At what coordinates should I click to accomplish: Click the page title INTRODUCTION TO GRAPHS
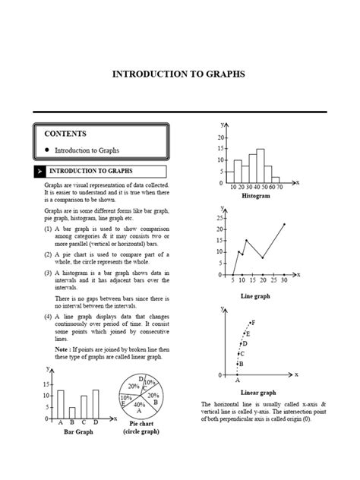tap(178, 74)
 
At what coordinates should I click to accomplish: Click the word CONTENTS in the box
tap(66, 134)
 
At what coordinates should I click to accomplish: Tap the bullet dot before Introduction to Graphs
tap(47, 150)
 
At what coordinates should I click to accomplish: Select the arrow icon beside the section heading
tap(38, 172)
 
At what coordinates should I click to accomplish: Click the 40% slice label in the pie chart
tap(139, 406)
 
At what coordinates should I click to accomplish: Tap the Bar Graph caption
tap(78, 432)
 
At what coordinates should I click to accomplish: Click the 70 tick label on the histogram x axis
tap(279, 185)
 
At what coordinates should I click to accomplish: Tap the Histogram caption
tap(256, 195)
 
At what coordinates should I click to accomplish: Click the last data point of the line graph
tap(284, 224)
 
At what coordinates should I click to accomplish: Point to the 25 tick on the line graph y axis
tap(219, 218)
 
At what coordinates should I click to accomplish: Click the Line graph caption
tap(255, 295)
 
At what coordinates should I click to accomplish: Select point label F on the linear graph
tap(252, 323)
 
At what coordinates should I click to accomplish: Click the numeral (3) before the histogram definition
tap(47, 272)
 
